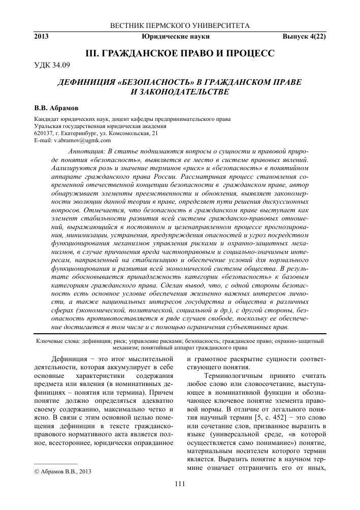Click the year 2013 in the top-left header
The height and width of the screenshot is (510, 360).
coord(42,37)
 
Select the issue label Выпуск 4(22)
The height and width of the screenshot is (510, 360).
coord(304,37)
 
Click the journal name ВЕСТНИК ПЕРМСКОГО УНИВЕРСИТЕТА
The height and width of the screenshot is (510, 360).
coord(180,25)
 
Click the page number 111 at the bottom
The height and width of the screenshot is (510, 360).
coord(179,483)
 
